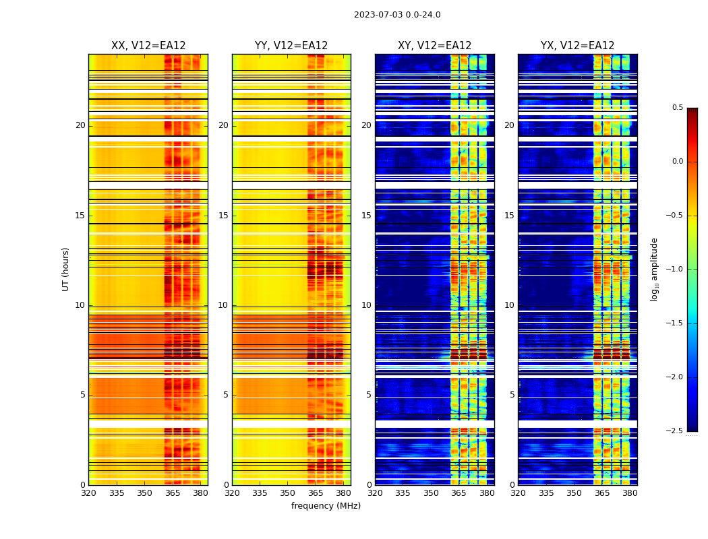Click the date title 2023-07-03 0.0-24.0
[397, 15]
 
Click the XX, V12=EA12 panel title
[148, 46]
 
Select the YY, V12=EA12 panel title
[291, 46]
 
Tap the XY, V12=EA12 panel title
[434, 46]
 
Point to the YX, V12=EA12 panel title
[577, 46]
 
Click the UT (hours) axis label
[65, 269]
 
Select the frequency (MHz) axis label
[326, 506]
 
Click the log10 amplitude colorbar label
[653, 269]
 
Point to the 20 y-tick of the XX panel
[80, 125]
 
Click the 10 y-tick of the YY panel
[223, 305]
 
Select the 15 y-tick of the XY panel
[366, 216]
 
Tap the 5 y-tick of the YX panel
[512, 395]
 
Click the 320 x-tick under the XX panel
[88, 493]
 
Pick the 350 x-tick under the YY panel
[288, 493]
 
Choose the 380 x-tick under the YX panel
[630, 493]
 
